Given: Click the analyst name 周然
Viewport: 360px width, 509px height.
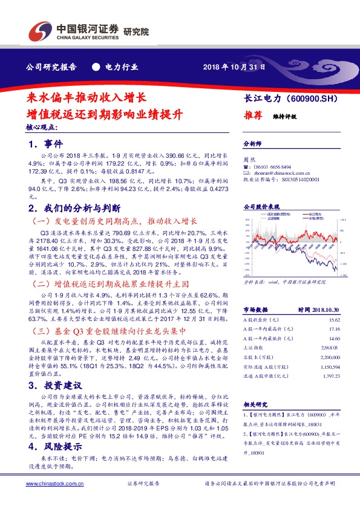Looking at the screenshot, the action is pyautogui.click(x=249, y=160).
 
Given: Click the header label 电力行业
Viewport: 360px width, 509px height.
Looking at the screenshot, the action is pyautogui.click(x=121, y=66).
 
